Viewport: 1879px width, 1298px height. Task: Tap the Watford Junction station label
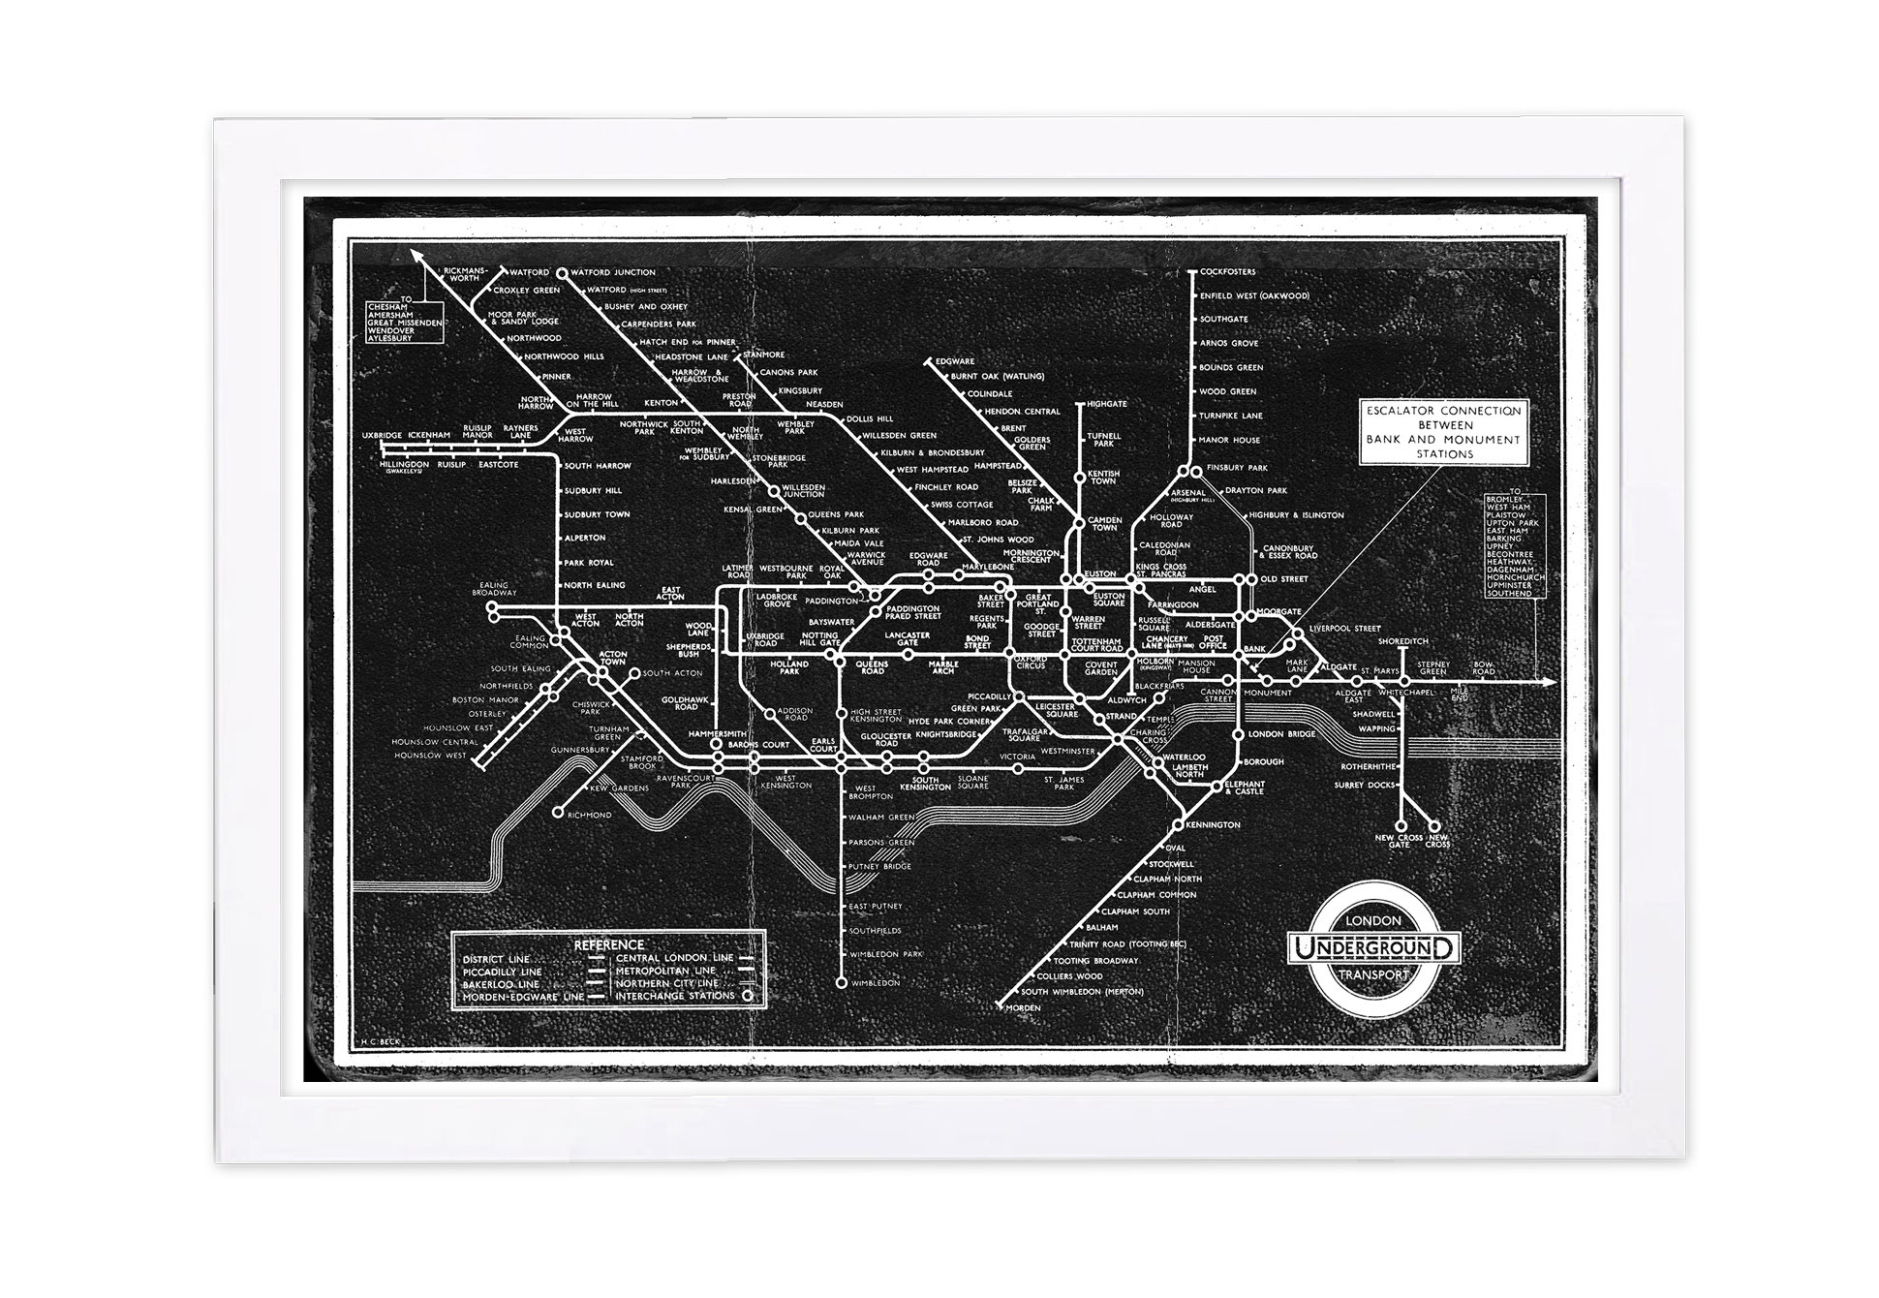tap(619, 272)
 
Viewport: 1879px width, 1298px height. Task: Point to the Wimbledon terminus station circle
tap(841, 983)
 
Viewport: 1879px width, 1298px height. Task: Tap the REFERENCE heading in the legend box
tap(608, 944)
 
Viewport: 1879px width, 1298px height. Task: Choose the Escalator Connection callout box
tap(1444, 432)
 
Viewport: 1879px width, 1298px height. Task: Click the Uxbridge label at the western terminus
tap(382, 436)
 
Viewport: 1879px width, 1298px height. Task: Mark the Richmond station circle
tap(558, 813)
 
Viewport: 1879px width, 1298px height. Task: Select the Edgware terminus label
tap(955, 361)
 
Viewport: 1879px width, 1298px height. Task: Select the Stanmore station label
tap(766, 355)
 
